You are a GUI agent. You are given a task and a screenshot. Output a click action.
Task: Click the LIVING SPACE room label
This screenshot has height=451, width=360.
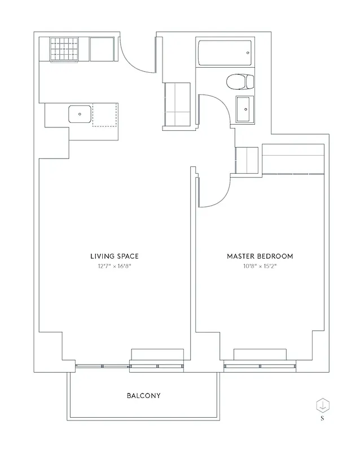pyautogui.click(x=115, y=256)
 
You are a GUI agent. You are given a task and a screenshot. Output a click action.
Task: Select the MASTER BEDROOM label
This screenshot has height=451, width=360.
pyautogui.click(x=260, y=256)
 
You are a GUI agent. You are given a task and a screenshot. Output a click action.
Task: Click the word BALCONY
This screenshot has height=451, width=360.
pyautogui.click(x=143, y=396)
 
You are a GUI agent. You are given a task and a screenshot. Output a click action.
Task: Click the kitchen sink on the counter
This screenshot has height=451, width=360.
pyautogui.click(x=80, y=114)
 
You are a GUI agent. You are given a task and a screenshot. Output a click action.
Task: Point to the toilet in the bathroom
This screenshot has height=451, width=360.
pyautogui.click(x=238, y=82)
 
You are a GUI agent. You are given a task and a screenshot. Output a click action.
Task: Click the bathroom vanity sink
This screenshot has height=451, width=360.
pyautogui.click(x=244, y=109)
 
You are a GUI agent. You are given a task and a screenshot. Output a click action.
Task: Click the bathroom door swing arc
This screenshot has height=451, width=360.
pyautogui.click(x=217, y=110)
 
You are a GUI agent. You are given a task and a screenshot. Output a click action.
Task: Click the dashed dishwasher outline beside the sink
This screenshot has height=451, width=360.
pyautogui.click(x=106, y=114)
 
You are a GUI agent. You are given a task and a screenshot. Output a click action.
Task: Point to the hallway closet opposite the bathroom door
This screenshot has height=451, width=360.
pyautogui.click(x=177, y=105)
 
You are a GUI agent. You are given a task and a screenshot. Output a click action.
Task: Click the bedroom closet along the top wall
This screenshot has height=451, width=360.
pyautogui.click(x=293, y=159)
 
